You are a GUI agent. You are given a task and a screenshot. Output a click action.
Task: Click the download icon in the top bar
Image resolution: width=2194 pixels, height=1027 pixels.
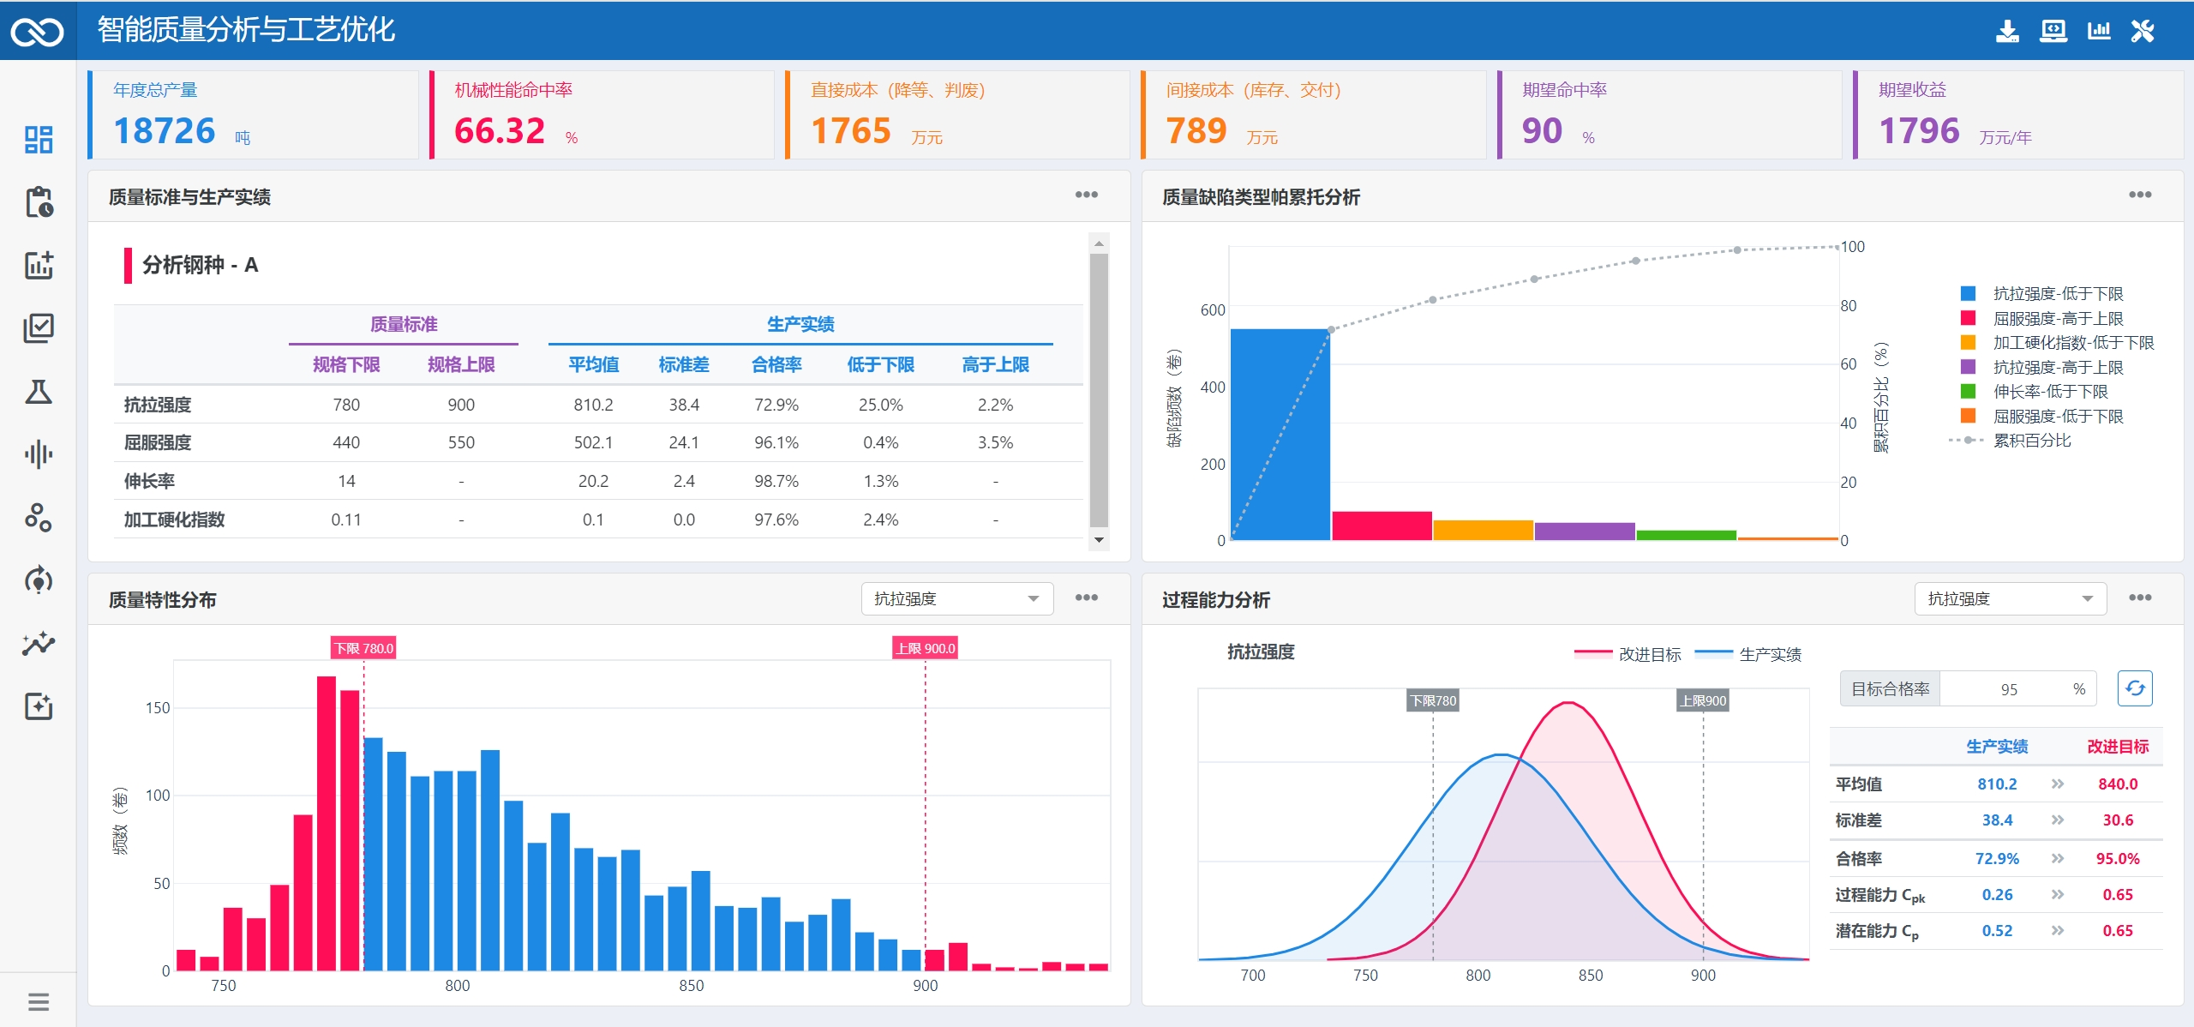2007,32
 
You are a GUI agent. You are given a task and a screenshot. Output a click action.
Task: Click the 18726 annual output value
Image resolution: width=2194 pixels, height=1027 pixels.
165,131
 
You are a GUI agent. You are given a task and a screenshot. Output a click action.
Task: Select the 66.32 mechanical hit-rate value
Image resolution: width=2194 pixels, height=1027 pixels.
500,131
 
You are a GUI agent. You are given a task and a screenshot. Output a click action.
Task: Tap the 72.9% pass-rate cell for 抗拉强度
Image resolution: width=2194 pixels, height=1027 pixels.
776,405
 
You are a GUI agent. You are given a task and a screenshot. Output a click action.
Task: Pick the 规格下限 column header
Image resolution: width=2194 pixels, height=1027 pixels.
346,364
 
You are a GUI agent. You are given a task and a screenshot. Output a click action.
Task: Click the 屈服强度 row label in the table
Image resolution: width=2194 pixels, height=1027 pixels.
158,442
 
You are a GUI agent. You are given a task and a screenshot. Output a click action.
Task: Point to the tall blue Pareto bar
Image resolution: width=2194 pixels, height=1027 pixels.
1280,435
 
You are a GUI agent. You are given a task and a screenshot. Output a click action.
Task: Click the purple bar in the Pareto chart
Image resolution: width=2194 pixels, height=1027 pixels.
1585,532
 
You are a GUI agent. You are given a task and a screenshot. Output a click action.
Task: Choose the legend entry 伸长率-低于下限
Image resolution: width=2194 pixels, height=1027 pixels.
2050,392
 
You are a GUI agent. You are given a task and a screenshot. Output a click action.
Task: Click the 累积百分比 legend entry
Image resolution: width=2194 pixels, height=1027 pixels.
2031,441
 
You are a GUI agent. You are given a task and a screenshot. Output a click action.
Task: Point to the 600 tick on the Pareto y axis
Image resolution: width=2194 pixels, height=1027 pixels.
1213,310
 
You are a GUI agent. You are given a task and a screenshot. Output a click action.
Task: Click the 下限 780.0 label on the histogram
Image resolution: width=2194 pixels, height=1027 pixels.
364,648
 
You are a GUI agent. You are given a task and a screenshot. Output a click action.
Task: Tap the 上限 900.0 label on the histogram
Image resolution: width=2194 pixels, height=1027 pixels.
926,648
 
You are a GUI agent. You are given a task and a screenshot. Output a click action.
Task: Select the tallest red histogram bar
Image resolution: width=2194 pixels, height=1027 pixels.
327,823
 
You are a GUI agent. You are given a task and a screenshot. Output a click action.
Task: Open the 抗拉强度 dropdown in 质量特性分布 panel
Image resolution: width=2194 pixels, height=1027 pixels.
956,598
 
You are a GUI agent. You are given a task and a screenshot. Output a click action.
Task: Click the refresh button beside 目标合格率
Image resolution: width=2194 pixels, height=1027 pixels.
2135,688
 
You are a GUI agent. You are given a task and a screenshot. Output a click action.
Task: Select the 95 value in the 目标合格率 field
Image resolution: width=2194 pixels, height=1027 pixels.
2009,689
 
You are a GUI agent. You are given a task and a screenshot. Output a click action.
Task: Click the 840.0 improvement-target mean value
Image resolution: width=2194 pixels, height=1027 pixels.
2118,784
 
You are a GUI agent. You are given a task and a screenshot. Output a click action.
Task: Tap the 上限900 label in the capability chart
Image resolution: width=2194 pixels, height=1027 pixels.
1703,700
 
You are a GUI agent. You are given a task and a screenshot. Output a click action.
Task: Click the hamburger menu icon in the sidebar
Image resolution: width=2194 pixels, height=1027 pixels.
39,1001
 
